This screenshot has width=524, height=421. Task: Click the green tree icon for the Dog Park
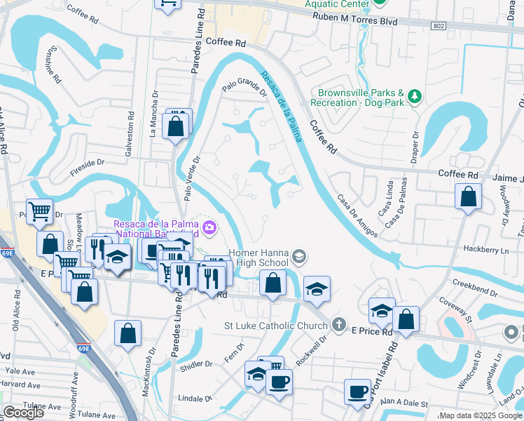point(415,95)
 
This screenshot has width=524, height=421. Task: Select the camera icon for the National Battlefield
point(209,227)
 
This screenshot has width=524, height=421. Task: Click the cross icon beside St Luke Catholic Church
point(338,324)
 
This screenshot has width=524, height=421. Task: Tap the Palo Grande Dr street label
point(244,88)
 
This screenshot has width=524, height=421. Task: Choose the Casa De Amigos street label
point(359,215)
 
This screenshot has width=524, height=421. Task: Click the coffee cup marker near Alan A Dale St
point(358,392)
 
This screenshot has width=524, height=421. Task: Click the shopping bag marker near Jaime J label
point(468,196)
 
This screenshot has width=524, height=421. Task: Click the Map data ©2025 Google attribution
point(481,415)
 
